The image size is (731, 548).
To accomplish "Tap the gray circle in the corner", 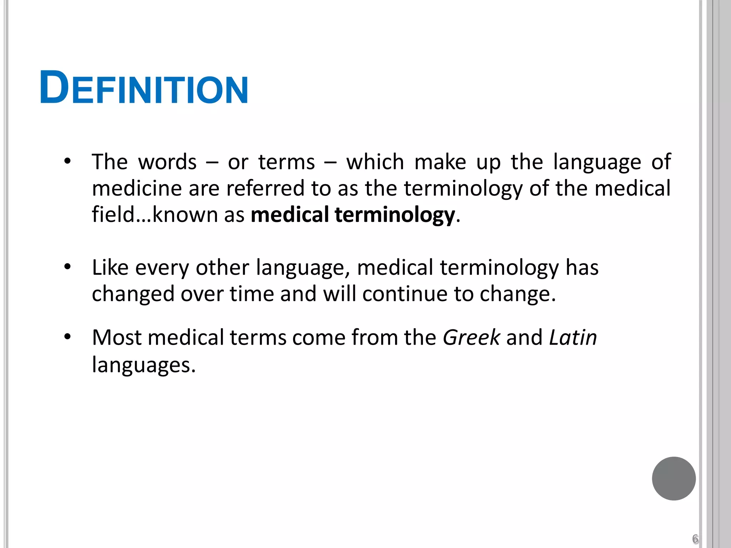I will pos(674,478).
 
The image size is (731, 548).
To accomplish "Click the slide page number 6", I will pos(695,539).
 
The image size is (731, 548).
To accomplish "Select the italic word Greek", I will pos(471,338).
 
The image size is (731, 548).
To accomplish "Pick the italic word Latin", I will pos(573,338).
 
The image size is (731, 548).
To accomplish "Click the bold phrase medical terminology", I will pos(353,215).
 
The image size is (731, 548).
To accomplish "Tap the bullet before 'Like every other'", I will pos(67,267).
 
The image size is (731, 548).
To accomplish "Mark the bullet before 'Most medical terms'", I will pos(67,337).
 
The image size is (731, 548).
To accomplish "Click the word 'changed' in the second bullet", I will pos(133,294).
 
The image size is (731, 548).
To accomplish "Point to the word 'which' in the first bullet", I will pos(375,162).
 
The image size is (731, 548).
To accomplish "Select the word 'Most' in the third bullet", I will pos(116,338).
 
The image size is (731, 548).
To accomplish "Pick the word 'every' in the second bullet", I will pos(162,268).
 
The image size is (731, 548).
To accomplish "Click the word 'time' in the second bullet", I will pos(252,294).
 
